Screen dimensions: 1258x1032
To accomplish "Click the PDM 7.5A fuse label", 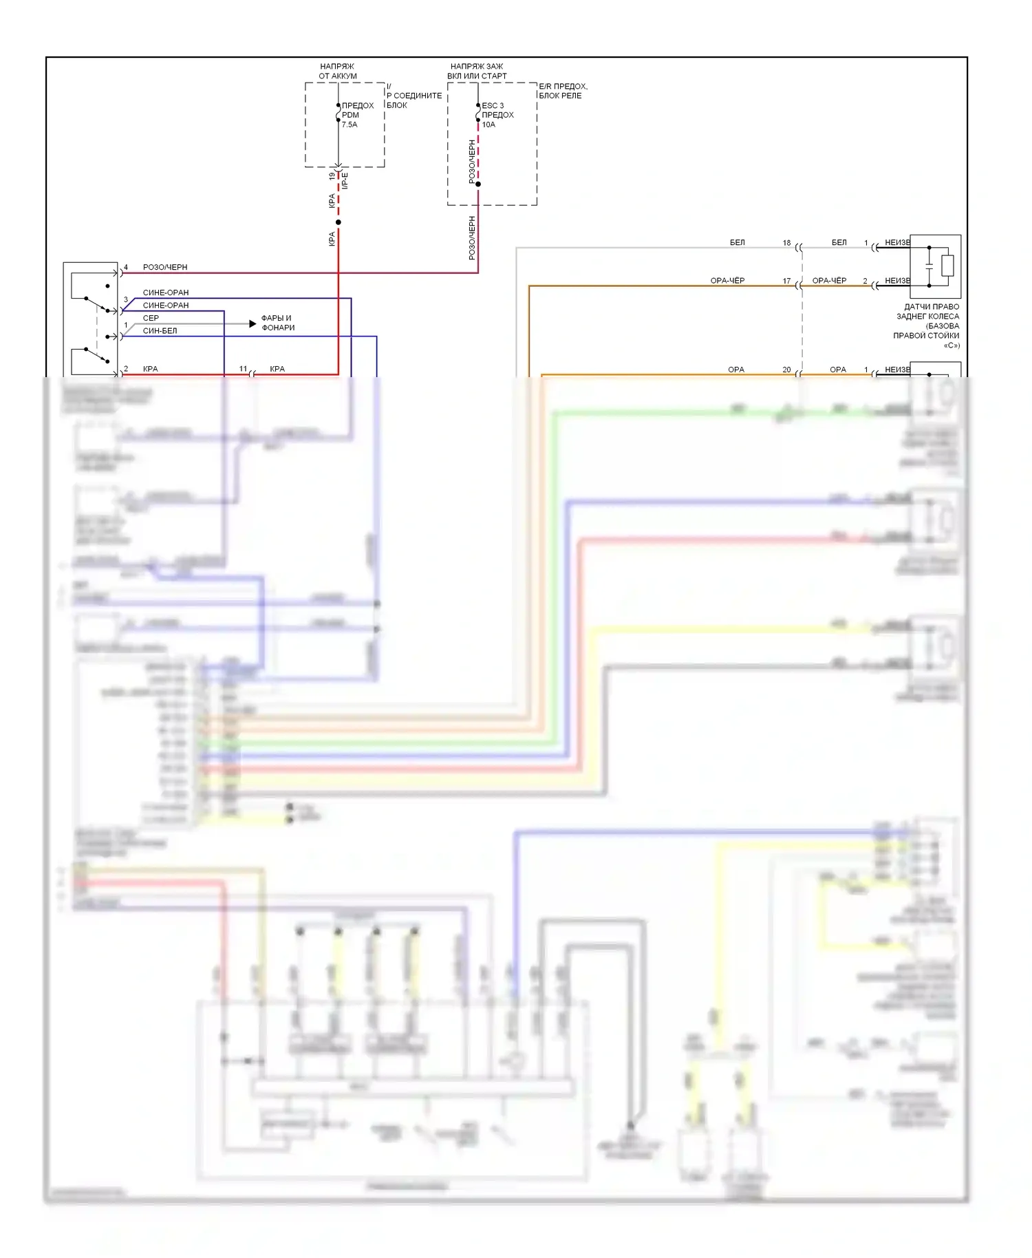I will [x=357, y=115].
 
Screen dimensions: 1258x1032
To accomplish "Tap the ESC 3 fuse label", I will [x=497, y=115].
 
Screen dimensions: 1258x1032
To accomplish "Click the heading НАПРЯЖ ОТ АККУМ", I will [x=338, y=71].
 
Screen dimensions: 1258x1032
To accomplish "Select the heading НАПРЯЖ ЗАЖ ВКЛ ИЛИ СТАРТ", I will [x=477, y=71].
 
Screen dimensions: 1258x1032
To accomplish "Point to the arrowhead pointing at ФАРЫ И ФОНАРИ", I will [x=252, y=323].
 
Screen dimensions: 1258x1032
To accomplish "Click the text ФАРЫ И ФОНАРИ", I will [x=277, y=323].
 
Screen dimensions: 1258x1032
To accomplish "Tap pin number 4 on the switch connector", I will [x=126, y=267].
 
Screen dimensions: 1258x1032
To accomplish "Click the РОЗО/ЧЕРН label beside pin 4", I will [x=165, y=267].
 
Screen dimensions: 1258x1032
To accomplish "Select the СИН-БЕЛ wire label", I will [x=160, y=331].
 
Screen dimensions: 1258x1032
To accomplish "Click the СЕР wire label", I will [x=151, y=318].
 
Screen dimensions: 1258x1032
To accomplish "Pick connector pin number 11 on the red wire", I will [x=243, y=369].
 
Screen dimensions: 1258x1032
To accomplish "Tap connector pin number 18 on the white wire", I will [x=786, y=243].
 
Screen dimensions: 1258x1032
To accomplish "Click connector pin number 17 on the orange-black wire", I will [x=786, y=281].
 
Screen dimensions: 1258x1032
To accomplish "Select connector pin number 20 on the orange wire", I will [x=786, y=370].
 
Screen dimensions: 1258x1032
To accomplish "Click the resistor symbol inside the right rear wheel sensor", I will [x=947, y=266].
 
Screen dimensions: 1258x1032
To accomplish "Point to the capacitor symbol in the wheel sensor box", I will [x=929, y=266].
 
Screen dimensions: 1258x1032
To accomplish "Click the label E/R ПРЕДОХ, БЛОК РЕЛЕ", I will [x=562, y=91].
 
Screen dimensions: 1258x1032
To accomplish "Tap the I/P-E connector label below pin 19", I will [x=345, y=180].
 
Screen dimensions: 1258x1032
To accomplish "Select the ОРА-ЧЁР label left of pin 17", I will [x=727, y=281].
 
